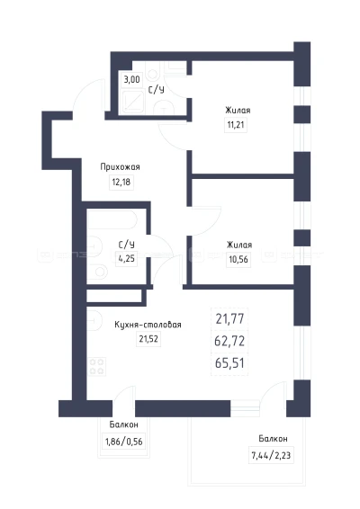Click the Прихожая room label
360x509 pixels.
point(120,167)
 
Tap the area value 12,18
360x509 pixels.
point(121,182)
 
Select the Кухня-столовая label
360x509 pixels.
point(148,325)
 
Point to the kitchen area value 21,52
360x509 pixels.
point(148,339)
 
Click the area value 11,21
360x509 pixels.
point(236,124)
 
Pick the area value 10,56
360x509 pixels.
point(238,259)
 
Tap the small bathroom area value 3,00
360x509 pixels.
point(131,79)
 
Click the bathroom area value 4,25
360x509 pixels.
point(127,259)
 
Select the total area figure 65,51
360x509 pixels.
point(229,363)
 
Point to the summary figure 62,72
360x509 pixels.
point(229,341)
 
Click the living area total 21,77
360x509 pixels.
point(229,318)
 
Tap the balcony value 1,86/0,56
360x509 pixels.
point(124,442)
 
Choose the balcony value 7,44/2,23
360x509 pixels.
point(271,455)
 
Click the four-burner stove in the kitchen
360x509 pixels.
point(96,366)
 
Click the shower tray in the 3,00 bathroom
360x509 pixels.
point(133,102)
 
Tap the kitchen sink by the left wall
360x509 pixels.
point(94,321)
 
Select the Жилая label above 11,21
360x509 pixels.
point(238,111)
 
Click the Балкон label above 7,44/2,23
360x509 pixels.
point(273,439)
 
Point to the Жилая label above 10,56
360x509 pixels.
point(239,245)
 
